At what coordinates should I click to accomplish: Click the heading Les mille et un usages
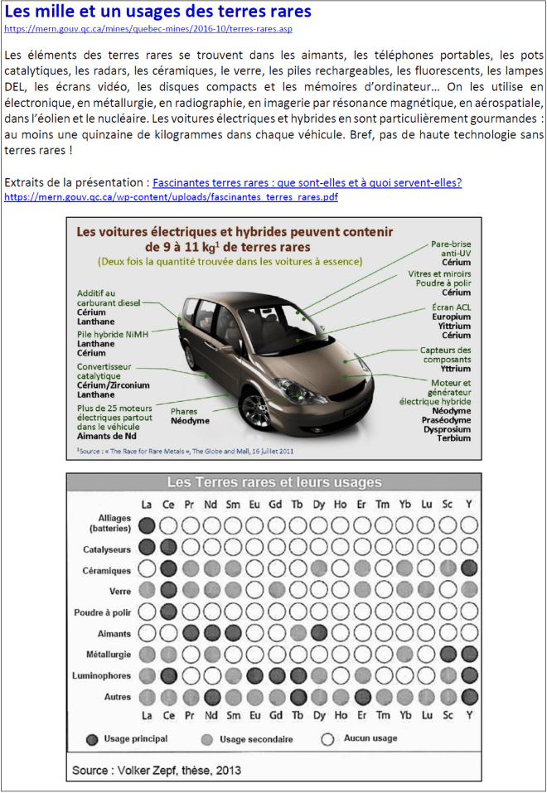coord(158,12)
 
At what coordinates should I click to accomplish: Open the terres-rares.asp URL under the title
coord(148,28)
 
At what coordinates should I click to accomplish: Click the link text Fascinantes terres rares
coord(307,182)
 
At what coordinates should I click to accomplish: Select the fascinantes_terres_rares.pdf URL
coord(171,197)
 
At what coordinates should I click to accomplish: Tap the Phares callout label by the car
coord(190,416)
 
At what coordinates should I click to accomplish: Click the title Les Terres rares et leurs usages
coord(274,482)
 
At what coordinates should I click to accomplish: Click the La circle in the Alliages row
coord(148,525)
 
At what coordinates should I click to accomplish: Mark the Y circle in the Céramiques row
coord(470,568)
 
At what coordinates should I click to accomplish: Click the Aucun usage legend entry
coord(361,738)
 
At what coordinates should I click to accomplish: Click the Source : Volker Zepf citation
coord(157,770)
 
